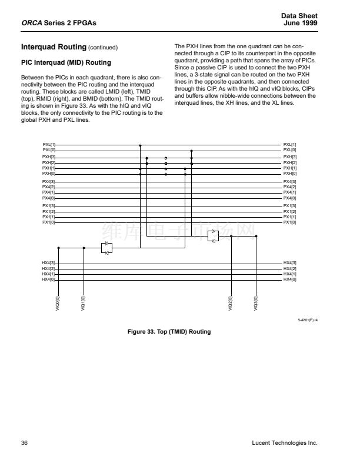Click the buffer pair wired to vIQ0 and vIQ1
point(106,248)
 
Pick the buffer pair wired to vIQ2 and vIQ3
point(214,235)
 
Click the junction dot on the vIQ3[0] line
point(256,236)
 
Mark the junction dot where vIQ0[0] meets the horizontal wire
point(58,248)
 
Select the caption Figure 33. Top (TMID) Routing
point(169,332)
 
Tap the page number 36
point(25,442)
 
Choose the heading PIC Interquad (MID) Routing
point(66,62)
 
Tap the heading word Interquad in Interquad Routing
point(38,47)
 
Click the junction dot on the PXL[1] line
point(140,144)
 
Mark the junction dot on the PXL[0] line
point(190,150)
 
